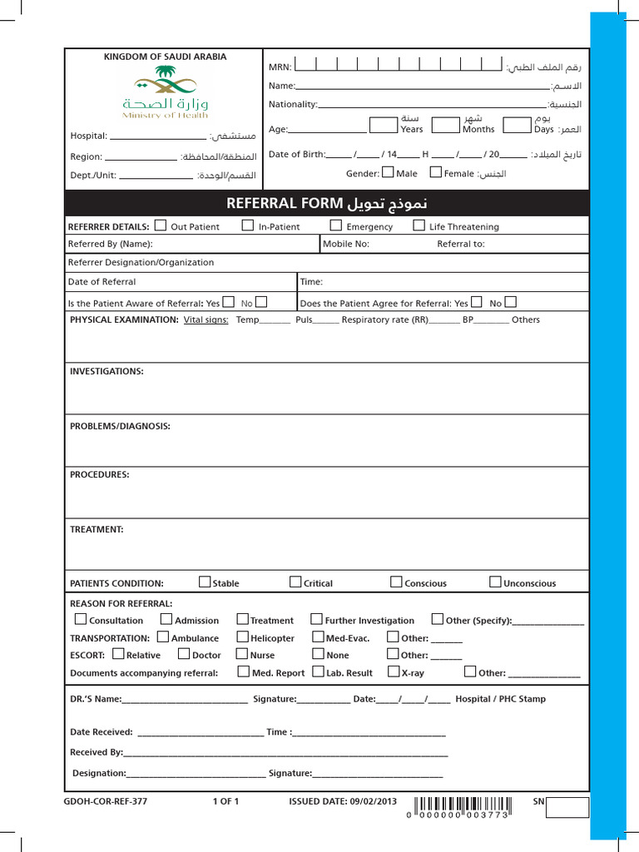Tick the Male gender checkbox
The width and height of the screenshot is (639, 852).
tap(388, 172)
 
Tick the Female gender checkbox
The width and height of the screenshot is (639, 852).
tap(435, 172)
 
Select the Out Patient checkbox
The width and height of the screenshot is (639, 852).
tap(161, 225)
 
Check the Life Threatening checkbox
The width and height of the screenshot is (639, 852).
tap(419, 225)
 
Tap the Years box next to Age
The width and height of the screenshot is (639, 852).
tap(383, 125)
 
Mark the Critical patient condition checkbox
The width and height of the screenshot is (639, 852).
tap(295, 582)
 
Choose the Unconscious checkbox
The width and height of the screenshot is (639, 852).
tap(495, 582)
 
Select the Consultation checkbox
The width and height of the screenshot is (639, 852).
tap(80, 619)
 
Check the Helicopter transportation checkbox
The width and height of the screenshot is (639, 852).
tap(243, 637)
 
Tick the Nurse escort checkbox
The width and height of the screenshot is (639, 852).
tap(243, 654)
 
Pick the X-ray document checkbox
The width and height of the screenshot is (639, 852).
tap(394, 671)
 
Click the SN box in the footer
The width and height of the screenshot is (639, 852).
tap(567, 807)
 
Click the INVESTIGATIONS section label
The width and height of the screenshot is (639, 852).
tap(106, 371)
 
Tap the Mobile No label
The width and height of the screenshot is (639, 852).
tap(346, 244)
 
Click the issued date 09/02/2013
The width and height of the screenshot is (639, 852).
tap(371, 802)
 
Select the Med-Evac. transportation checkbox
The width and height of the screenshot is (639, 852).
tap(319, 637)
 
